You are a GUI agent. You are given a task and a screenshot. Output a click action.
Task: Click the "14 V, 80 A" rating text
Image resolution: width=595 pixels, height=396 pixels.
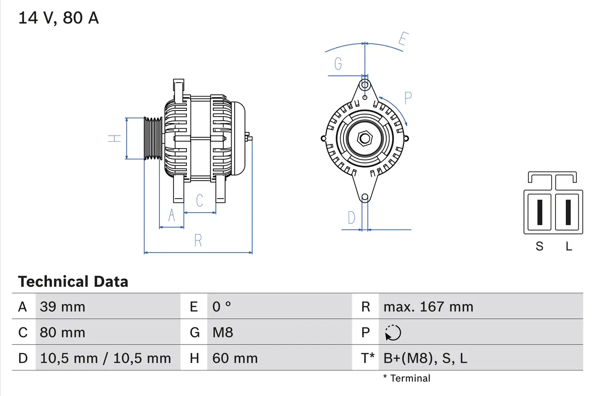click(x=58, y=18)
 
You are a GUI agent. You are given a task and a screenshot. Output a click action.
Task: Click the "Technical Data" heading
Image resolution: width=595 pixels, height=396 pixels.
click(x=73, y=282)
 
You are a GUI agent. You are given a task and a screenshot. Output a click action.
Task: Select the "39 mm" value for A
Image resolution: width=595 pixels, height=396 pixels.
click(x=62, y=307)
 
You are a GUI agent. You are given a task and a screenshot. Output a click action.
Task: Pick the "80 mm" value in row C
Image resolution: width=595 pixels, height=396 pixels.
click(x=62, y=332)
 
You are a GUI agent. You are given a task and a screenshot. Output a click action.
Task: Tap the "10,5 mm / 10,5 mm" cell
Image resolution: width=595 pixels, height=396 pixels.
click(x=106, y=358)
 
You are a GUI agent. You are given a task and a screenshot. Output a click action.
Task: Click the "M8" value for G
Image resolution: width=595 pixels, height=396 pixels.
click(x=223, y=332)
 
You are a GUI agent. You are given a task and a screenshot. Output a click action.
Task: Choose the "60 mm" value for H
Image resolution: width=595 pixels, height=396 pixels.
click(x=235, y=358)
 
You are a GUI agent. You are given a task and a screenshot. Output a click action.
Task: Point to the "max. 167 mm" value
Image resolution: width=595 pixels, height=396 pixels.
click(x=428, y=307)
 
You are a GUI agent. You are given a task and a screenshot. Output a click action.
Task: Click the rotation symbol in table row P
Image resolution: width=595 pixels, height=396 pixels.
click(x=393, y=333)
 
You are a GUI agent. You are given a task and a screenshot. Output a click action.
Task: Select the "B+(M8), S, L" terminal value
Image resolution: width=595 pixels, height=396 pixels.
click(x=425, y=358)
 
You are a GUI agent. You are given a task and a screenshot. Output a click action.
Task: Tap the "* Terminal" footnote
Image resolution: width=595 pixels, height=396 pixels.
click(x=407, y=378)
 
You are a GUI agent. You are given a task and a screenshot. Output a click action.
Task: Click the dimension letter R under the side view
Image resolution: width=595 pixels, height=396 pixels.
click(x=198, y=240)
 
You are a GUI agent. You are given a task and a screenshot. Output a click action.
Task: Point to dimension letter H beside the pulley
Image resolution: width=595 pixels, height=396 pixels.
click(x=114, y=138)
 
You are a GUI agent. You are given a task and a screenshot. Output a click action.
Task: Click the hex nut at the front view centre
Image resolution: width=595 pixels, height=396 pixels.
click(x=365, y=138)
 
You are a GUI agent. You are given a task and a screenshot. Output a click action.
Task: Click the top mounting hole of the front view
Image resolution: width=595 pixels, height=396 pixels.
click(x=365, y=85)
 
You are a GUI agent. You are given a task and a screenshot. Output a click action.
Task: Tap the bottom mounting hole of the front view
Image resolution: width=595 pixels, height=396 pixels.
click(x=365, y=197)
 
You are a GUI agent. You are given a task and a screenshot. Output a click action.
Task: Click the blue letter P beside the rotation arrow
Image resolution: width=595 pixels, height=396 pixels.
click(x=408, y=98)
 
